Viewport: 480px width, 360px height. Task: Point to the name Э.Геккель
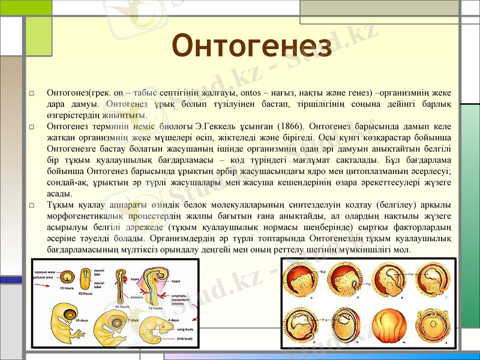[x=216, y=127]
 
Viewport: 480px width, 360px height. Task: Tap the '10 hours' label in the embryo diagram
[x=67, y=288]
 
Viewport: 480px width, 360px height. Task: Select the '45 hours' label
[x=122, y=307]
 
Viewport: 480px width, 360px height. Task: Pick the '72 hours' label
[x=155, y=308]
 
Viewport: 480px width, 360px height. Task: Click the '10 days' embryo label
[x=82, y=320]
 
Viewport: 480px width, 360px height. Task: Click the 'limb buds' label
[x=184, y=338]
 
